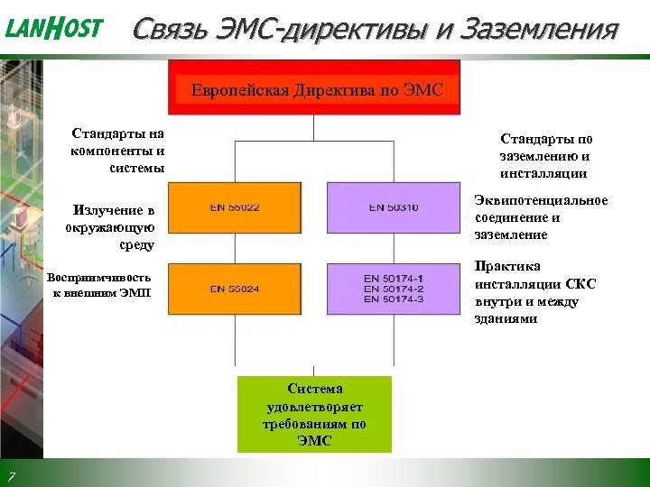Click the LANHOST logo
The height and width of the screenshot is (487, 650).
point(54,29)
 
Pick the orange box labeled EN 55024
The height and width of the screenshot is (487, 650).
point(236,289)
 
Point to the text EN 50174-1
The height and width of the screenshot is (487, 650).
point(393,279)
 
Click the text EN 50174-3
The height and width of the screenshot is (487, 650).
point(393,299)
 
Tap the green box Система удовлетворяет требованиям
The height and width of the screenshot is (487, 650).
point(314,414)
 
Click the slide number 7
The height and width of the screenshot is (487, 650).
point(10,475)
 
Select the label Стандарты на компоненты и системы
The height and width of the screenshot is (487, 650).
point(118,150)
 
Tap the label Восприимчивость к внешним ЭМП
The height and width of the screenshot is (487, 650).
point(100,285)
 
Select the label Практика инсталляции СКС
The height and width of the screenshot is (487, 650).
point(534,292)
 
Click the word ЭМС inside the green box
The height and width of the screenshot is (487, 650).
point(314,441)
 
